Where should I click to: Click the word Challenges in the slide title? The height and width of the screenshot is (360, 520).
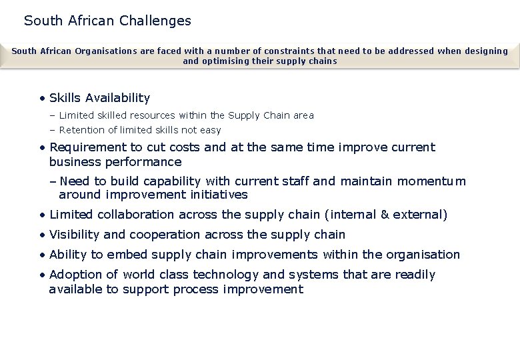point(155,21)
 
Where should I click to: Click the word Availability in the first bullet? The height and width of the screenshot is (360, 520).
point(117,98)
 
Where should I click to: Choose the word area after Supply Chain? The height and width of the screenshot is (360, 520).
point(303,115)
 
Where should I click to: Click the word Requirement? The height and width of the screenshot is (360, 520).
point(87,147)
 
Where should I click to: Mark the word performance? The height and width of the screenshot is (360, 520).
point(148,162)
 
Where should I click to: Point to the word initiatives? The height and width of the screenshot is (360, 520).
point(217,195)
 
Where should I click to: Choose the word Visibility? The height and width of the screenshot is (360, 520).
point(75,235)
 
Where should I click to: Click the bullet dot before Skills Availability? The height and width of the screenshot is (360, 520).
point(42,99)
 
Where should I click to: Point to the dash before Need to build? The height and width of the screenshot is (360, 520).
point(53,181)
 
